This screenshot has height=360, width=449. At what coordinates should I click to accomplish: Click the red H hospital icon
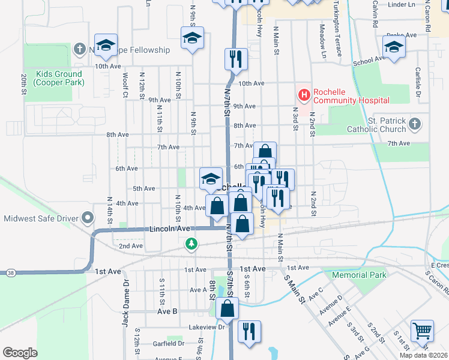pyautogui.click(x=304, y=95)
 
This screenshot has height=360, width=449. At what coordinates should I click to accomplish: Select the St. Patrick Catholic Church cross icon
pyautogui.click(x=414, y=124)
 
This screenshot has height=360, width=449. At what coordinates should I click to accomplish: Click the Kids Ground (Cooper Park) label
pyautogui.click(x=59, y=79)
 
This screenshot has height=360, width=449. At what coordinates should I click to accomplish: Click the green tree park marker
pyautogui.click(x=191, y=244)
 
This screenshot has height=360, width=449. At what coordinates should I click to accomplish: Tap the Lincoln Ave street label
pyautogui.click(x=169, y=229)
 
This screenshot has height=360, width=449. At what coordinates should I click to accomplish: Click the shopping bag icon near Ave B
pyautogui.click(x=228, y=308)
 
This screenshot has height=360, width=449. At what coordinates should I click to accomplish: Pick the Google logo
pyautogui.click(x=20, y=353)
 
